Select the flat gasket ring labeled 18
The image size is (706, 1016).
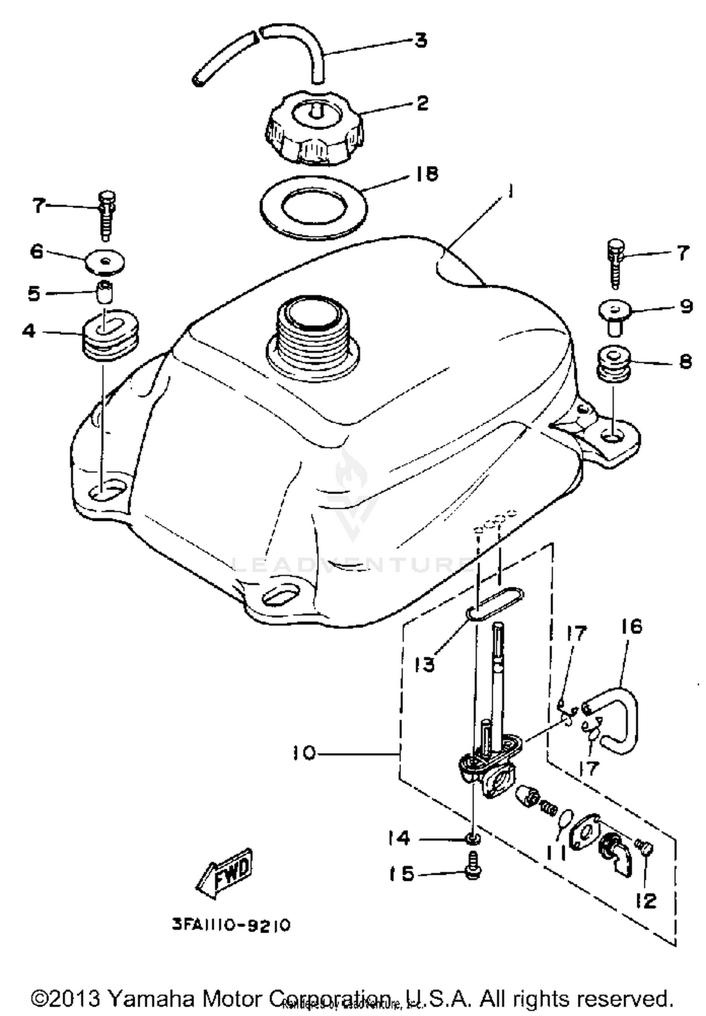coord(314,207)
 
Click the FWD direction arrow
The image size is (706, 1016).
coord(225,874)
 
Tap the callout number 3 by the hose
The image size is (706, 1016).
coord(420,40)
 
